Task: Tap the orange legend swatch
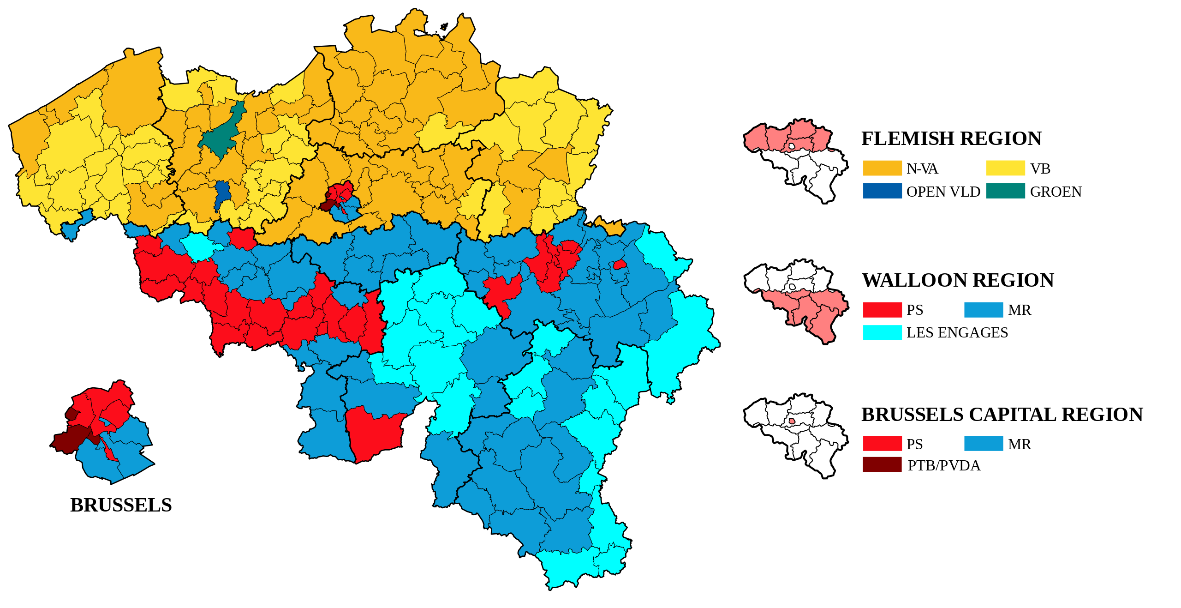pos(882,168)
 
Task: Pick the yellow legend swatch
pos(1006,168)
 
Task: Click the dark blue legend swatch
pos(882,191)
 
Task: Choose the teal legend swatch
pos(1006,191)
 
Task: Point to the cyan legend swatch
pos(882,332)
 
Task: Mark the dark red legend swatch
pos(882,464)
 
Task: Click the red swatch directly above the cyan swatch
pos(882,310)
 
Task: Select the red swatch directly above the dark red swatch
pos(882,443)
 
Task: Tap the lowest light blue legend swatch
pos(984,443)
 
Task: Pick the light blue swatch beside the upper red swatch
pos(984,310)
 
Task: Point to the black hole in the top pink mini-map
pos(792,146)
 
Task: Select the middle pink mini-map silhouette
pos(812,309)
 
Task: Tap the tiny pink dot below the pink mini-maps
pos(792,421)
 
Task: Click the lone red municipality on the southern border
pos(374,434)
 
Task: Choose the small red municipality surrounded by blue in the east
pos(620,265)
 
